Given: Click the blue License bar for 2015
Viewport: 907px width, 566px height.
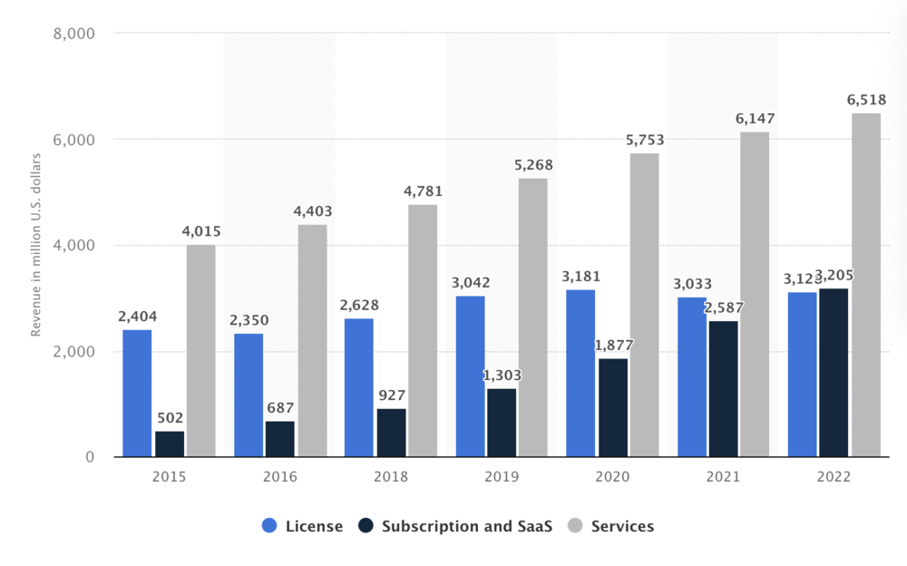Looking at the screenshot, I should pyautogui.click(x=137, y=393).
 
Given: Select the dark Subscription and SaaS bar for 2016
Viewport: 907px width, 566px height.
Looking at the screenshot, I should pyautogui.click(x=279, y=439).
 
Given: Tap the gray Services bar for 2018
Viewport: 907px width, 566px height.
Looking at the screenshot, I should pyautogui.click(x=423, y=331).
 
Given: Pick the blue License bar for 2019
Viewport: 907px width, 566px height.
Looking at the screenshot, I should pyautogui.click(x=470, y=376).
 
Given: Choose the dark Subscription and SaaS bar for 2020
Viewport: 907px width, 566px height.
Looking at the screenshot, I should pyautogui.click(x=613, y=407).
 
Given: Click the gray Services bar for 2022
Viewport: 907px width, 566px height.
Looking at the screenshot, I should pyautogui.click(x=866, y=285).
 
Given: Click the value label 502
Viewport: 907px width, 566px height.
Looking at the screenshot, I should pyautogui.click(x=170, y=418).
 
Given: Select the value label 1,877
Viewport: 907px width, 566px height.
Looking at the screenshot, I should pyautogui.click(x=614, y=346).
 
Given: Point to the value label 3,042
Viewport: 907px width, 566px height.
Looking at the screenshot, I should pyautogui.click(x=470, y=283).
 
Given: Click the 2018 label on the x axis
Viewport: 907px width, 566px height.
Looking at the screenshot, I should pyautogui.click(x=391, y=476).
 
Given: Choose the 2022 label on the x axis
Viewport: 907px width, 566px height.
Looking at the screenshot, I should pyautogui.click(x=834, y=476).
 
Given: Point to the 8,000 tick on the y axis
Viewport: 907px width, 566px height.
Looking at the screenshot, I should pyautogui.click(x=76, y=34).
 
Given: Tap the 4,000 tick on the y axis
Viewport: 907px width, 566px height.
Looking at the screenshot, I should pyautogui.click(x=76, y=246).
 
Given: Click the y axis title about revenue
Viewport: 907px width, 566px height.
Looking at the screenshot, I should pyautogui.click(x=36, y=246).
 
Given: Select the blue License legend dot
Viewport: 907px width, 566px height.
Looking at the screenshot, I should pyautogui.click(x=269, y=526).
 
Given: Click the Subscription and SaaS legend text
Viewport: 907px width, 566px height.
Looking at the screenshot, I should pyautogui.click(x=466, y=526).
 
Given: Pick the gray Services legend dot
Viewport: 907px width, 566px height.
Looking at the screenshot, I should pyautogui.click(x=575, y=526).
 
